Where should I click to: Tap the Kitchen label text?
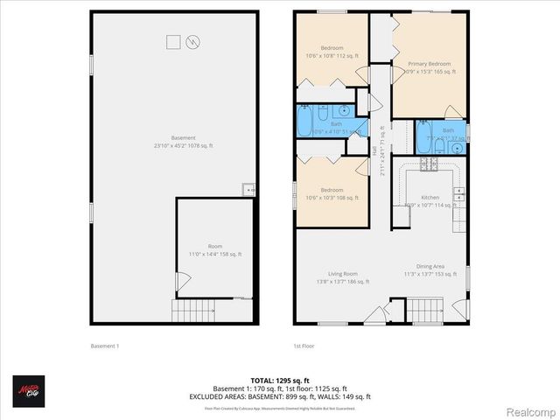coord(430,199)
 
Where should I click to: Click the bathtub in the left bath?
coord(304,117)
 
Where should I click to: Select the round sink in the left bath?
coord(345,111)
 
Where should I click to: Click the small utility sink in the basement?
coord(248,189)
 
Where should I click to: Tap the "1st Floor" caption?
coord(304,346)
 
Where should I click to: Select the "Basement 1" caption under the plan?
coord(105,346)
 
